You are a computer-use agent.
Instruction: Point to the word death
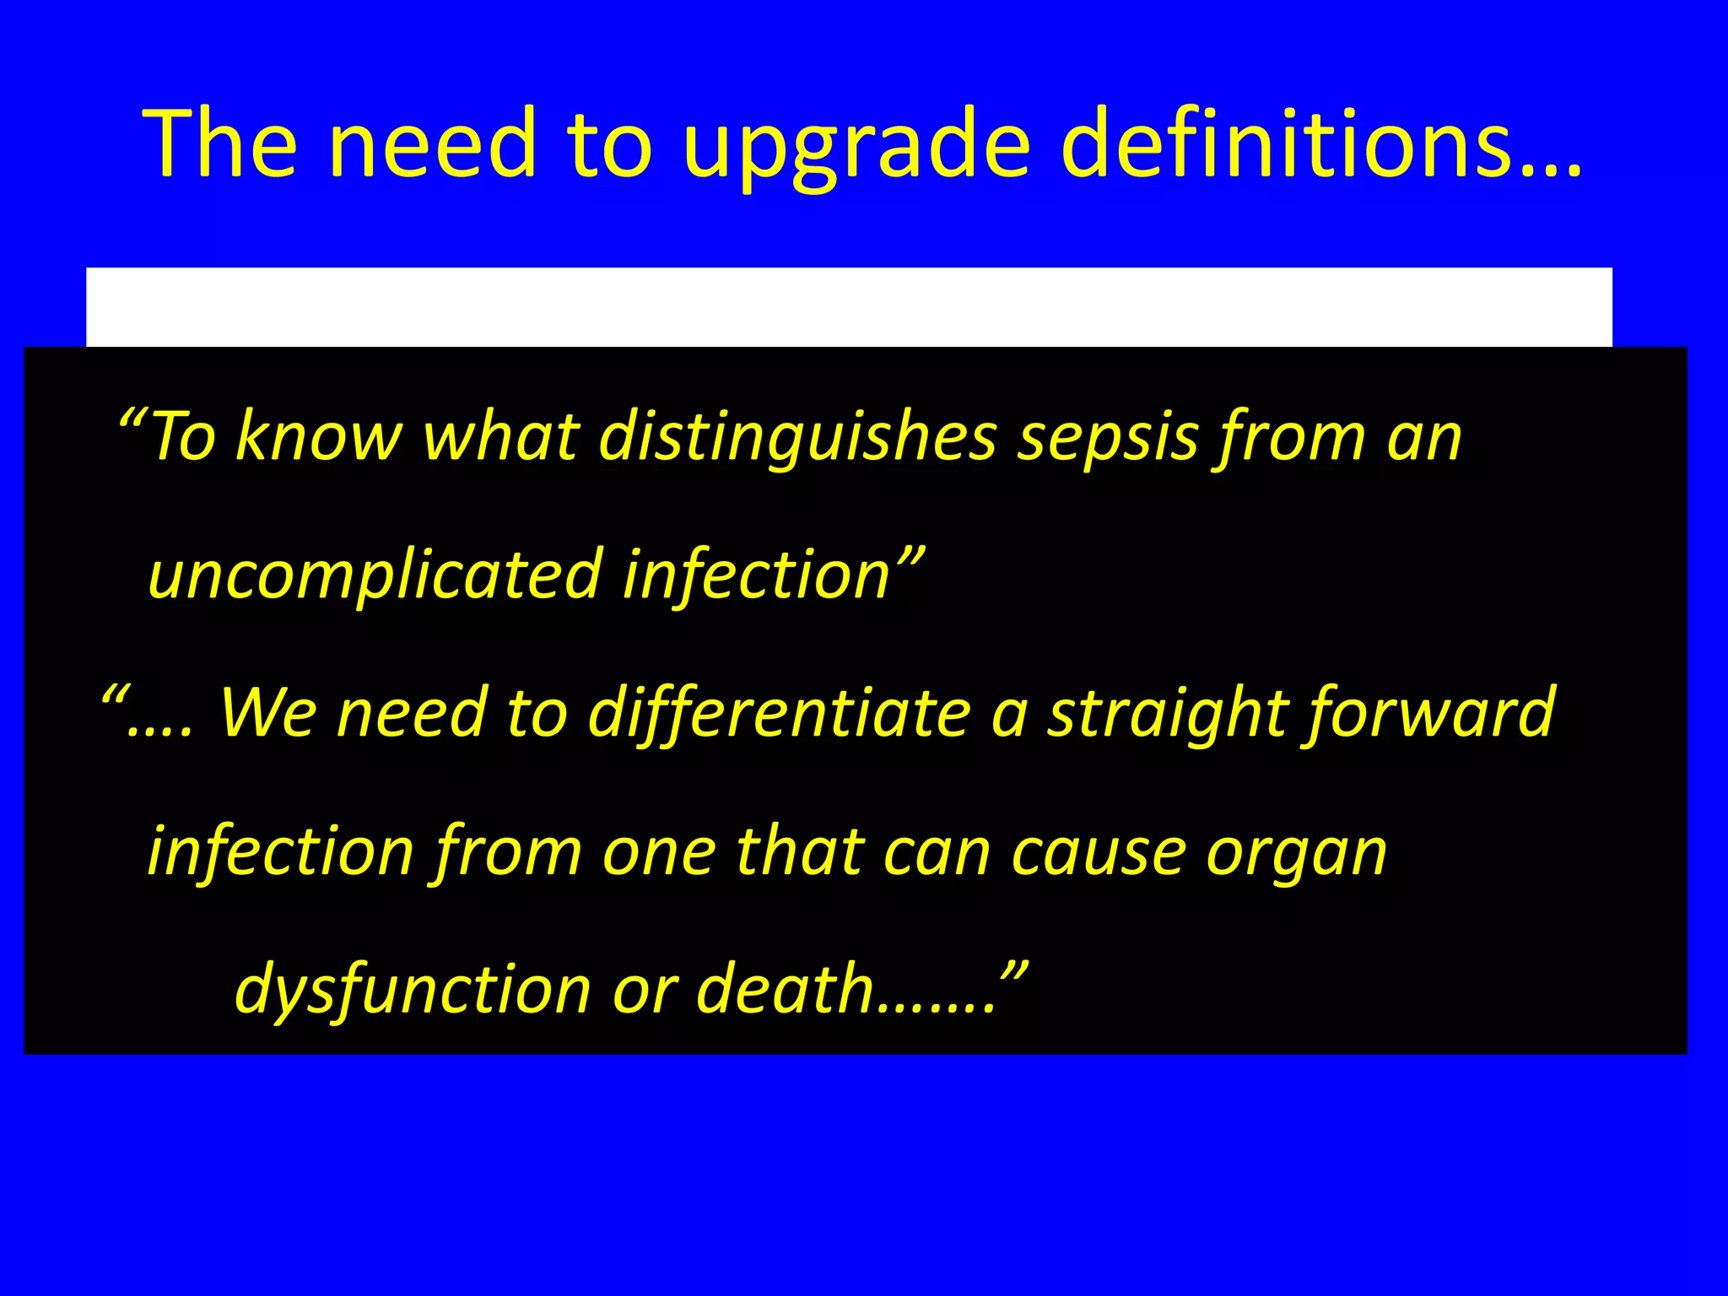tap(785, 989)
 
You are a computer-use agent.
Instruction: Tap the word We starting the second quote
tap(267, 714)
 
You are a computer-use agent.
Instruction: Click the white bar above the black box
tap(849, 307)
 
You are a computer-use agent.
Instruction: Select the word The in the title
tap(220, 143)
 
